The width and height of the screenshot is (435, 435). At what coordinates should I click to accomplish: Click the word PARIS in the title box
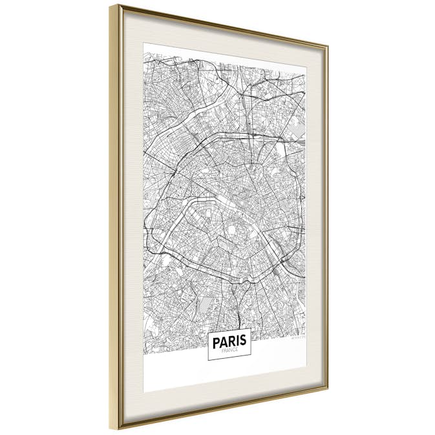[x=229, y=340]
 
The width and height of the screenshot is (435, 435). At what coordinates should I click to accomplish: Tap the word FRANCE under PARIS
[x=229, y=350]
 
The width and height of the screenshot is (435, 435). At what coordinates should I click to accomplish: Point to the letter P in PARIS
[x=215, y=341]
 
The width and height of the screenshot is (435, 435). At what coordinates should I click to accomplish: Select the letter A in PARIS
[x=222, y=341]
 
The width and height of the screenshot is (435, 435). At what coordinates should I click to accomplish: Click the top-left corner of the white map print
[x=143, y=43]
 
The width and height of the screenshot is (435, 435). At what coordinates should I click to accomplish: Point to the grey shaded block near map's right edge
[x=298, y=133]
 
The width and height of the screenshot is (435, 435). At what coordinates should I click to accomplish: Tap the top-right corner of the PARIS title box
[x=250, y=329]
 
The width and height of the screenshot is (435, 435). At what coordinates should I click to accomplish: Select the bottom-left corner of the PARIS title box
[x=208, y=361]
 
